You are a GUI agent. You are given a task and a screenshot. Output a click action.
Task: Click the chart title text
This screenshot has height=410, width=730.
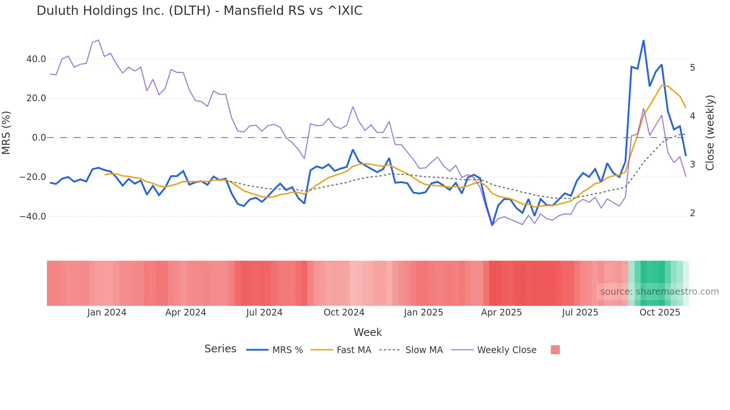pos(199,11)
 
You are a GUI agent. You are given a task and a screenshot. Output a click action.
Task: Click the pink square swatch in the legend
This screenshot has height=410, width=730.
pos(555,350)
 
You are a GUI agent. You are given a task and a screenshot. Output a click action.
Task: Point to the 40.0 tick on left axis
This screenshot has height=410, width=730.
pos(36,59)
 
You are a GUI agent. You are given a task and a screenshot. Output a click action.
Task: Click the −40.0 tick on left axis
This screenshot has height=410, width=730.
pos(33,216)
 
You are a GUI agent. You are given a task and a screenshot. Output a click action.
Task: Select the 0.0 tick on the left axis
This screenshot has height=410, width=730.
pos(39,138)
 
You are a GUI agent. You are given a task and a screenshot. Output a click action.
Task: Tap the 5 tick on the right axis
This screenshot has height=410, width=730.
pos(692,68)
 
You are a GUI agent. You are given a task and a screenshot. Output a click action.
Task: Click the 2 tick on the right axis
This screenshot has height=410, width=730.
pos(692,213)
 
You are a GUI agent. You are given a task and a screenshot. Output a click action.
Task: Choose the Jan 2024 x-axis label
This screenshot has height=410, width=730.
pos(107,313)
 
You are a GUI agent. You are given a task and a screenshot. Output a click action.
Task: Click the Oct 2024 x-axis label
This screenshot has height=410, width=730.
pos(344,313)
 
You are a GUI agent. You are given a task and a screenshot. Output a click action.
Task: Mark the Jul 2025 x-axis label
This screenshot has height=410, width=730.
pos(580,313)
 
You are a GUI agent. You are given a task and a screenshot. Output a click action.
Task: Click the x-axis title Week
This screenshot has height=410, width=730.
pos(368,332)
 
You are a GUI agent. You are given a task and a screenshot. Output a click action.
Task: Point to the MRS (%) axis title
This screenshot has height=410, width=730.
pos(6,133)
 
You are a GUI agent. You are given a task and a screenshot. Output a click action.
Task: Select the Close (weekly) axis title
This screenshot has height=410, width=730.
pos(710,133)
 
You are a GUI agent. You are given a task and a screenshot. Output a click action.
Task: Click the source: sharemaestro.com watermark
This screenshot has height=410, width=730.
pos(659,292)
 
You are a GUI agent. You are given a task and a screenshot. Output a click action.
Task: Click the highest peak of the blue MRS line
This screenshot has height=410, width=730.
pos(643,40)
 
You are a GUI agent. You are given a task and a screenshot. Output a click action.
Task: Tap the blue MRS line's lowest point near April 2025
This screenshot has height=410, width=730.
pos(492,225)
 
